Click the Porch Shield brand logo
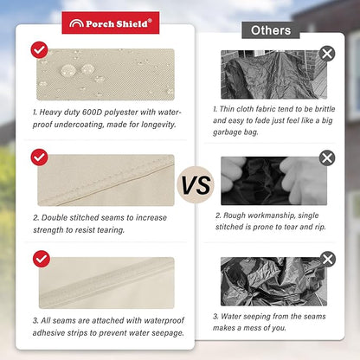111,22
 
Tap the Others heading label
271,30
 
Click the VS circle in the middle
196,184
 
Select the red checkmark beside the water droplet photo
39,50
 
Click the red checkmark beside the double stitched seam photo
39,157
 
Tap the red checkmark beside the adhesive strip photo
42,259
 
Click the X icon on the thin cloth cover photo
327,54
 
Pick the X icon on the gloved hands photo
327,157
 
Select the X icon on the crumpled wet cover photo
328,259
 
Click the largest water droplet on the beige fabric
68,70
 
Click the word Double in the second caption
55,217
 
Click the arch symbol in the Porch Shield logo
76,23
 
